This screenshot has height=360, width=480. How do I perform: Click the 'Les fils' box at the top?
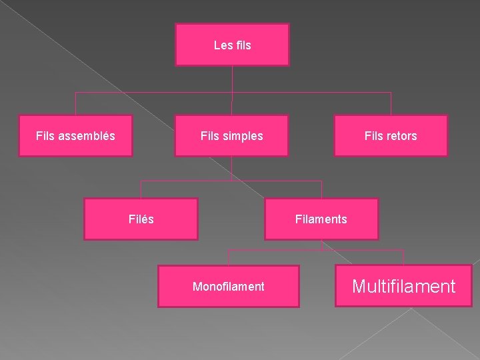pos(233,45)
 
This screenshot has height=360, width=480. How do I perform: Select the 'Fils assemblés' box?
pos(75,135)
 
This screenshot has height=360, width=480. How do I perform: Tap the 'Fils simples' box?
pos(232,135)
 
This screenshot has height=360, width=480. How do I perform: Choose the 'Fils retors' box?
pos(391,135)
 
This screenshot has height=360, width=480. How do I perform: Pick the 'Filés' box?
pos(141,219)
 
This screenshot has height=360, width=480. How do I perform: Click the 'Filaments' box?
pos(321,219)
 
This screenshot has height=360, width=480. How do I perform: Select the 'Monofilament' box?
pos(229,286)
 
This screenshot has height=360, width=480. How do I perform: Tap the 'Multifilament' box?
pos(404,286)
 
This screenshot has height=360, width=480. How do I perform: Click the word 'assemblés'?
pos(87,135)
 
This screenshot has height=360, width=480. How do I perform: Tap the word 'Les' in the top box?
pos(221,45)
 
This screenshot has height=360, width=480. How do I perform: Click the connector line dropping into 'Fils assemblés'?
pos(75,103)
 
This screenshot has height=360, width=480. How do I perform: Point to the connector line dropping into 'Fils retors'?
pos(391,103)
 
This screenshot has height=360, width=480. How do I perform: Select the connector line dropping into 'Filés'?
pos(141,189)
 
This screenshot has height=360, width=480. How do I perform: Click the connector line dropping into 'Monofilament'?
pos(228,258)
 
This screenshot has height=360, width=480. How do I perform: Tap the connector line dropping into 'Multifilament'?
pos(403,257)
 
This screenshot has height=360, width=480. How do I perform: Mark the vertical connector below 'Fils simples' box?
pos(232,169)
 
